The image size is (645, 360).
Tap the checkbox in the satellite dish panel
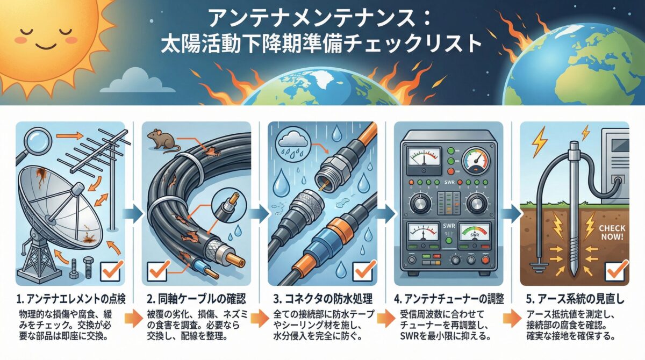[112, 270]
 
